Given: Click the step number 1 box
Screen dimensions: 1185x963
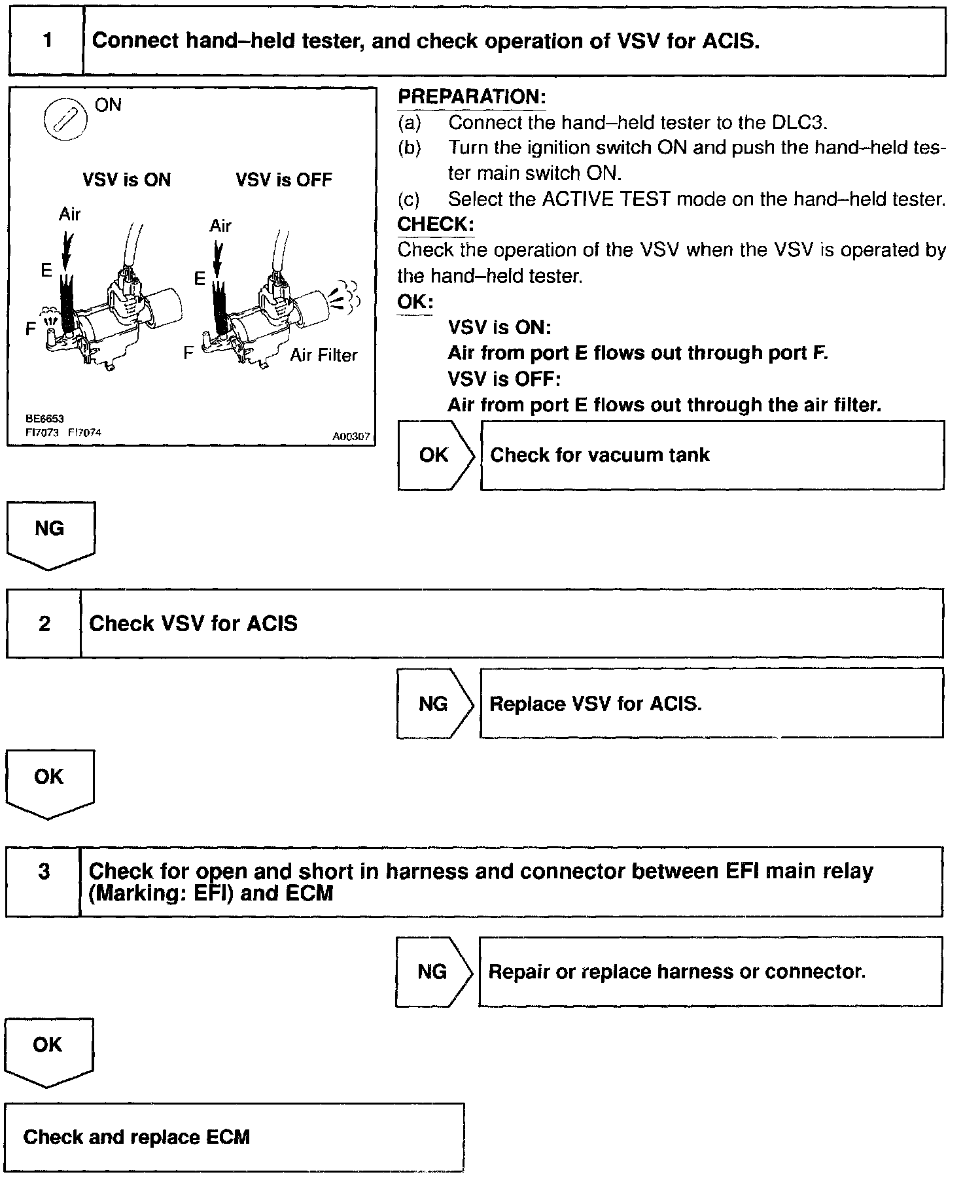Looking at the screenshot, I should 46,41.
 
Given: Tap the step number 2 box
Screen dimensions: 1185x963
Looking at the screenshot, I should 44,623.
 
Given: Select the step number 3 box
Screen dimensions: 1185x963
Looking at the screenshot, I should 43,881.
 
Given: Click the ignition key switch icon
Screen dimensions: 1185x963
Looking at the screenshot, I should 65,120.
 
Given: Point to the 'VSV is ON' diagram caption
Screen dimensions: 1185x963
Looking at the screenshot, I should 126,180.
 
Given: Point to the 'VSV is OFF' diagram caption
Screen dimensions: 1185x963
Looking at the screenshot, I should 284,180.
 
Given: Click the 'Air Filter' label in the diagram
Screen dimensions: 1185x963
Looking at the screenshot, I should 324,355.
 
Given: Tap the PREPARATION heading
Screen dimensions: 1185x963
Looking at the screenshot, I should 472,97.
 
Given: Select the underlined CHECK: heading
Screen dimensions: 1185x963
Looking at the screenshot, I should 435,224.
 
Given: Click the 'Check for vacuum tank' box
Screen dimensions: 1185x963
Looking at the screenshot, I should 712,455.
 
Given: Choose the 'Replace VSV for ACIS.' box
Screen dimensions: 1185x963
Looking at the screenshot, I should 711,704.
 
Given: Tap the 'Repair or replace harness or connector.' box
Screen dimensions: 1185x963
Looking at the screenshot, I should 710,971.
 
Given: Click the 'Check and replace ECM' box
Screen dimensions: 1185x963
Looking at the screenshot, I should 234,1137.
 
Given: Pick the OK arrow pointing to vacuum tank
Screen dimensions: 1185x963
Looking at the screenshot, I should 434,455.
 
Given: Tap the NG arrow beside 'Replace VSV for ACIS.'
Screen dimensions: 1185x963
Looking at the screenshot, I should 433,704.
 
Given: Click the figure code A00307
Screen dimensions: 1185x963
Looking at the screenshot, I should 351,436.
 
